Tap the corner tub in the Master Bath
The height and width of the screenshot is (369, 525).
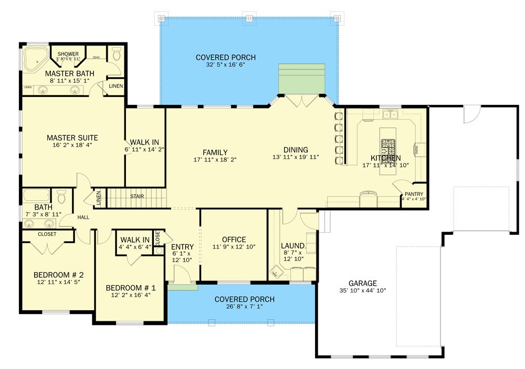[33, 59]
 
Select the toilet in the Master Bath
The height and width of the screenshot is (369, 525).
[117, 55]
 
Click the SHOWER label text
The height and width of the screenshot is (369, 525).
[68, 54]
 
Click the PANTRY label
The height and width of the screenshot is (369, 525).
[414, 194]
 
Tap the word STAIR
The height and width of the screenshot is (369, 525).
[138, 197]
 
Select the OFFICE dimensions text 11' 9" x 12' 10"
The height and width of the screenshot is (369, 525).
[234, 247]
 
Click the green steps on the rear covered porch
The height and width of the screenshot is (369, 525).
[303, 79]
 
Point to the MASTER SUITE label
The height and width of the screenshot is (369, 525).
[72, 138]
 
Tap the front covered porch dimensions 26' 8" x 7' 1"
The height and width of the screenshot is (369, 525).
[244, 307]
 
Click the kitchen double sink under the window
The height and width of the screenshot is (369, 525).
[390, 114]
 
